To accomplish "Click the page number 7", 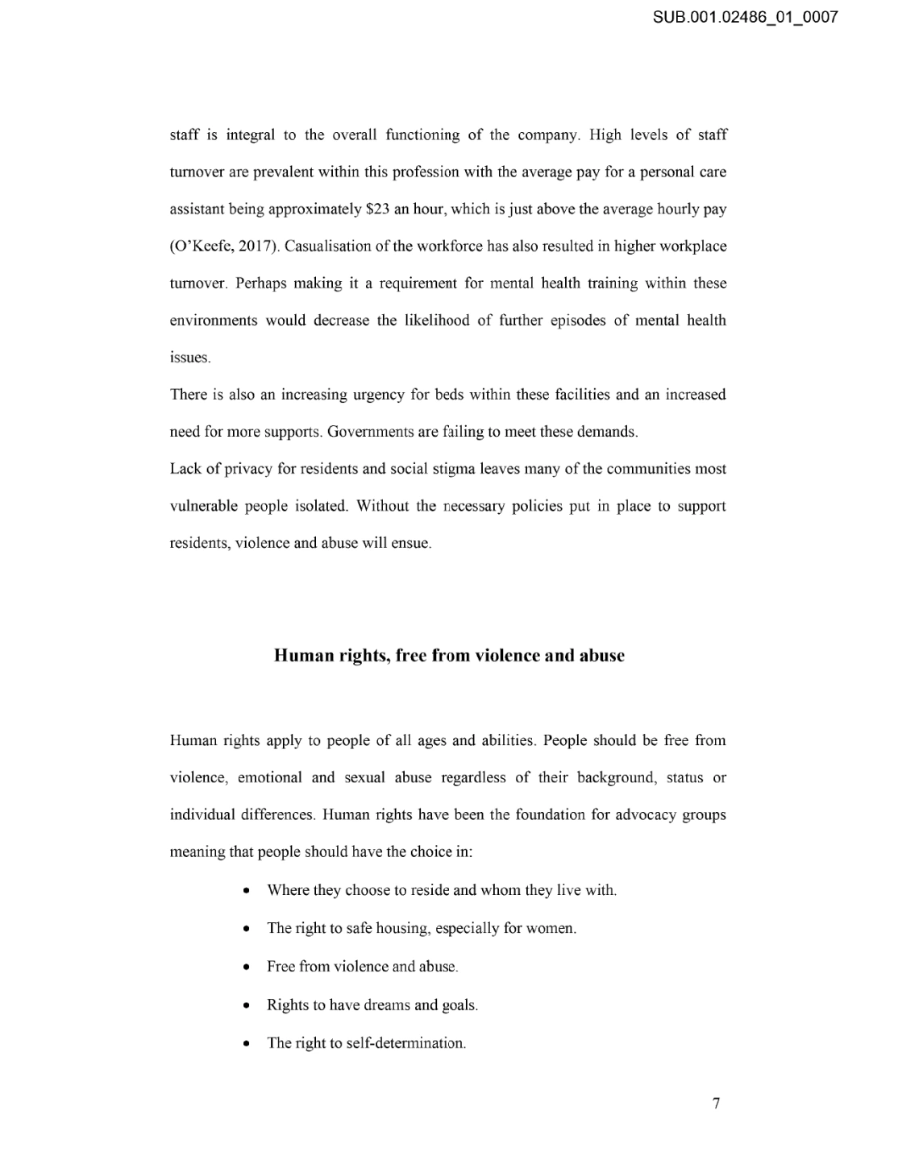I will [x=716, y=1103].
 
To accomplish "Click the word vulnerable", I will [x=204, y=506].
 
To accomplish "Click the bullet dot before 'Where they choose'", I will [x=247, y=891].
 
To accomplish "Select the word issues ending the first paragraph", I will [x=189, y=358].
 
